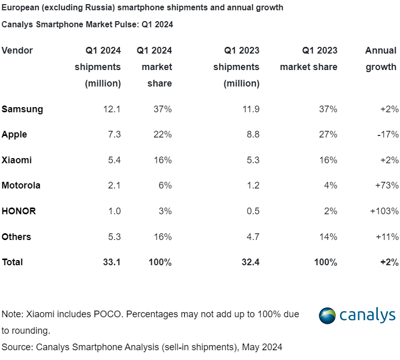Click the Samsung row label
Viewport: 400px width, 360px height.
pyautogui.click(x=22, y=109)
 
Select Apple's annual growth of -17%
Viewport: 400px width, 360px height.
pyautogui.click(x=387, y=134)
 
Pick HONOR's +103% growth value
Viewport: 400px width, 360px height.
pyautogui.click(x=384, y=211)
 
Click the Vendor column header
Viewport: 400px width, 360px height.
pyautogui.click(x=17, y=50)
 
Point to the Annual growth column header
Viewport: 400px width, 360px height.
pyautogui.click(x=381, y=58)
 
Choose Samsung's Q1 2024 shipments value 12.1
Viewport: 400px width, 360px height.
pyautogui.click(x=112, y=109)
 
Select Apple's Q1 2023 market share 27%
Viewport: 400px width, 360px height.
pyautogui.click(x=327, y=134)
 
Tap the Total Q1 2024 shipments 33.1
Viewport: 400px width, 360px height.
pyautogui.click(x=111, y=262)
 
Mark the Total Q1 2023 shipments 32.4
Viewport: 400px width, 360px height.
pyautogui.click(x=250, y=262)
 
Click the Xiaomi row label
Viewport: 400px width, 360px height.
pyautogui.click(x=16, y=160)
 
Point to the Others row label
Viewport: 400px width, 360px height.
pyautogui.click(x=16, y=237)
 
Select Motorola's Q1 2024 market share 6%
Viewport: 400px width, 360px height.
pyautogui.click(x=165, y=185)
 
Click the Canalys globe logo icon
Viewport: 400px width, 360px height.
pyautogui.click(x=327, y=315)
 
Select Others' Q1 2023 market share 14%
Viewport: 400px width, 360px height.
pyautogui.click(x=327, y=237)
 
